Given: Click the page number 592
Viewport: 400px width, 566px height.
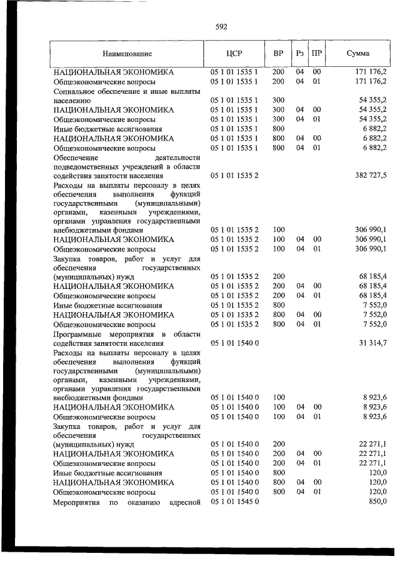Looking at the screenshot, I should click(x=221, y=27).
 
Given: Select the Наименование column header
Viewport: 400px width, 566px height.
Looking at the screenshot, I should click(x=127, y=54).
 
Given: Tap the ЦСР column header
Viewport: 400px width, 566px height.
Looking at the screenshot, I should click(x=233, y=54).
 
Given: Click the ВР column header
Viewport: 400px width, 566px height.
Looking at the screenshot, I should click(x=278, y=54).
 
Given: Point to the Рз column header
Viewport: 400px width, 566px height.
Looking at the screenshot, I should click(x=300, y=54).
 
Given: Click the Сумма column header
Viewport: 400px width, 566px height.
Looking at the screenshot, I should click(x=357, y=54).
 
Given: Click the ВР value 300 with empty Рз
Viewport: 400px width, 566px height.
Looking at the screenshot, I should click(x=278, y=100).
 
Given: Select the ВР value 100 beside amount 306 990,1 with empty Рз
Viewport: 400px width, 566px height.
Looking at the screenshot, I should click(x=278, y=230).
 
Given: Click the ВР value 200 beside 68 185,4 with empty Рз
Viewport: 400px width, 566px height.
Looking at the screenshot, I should click(x=278, y=276).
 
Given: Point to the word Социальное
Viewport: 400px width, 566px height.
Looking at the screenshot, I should click(x=76, y=91).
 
